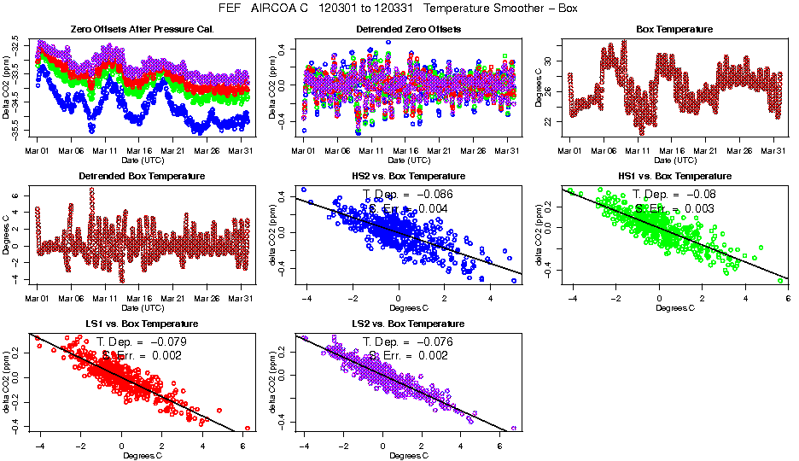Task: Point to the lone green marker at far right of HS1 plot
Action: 780,280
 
